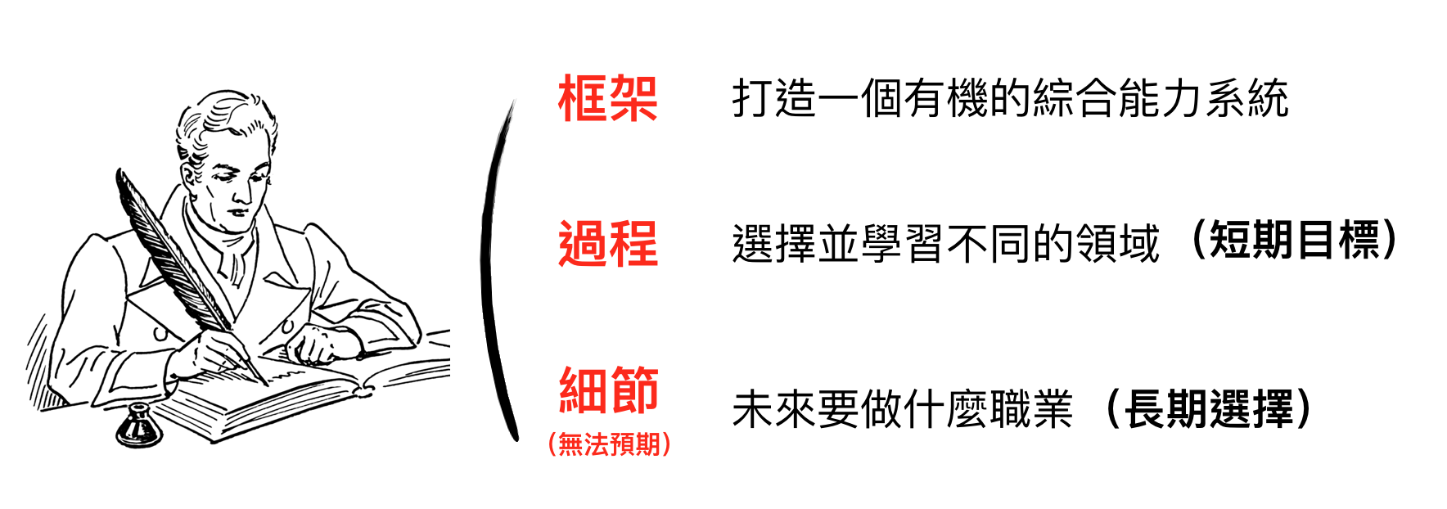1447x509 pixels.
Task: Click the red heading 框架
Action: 607,99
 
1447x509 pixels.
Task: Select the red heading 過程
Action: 607,244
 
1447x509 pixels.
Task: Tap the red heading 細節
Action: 608,390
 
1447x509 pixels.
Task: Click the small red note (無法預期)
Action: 609,444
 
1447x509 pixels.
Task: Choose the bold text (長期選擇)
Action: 1209,408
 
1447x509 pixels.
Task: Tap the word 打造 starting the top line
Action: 774,99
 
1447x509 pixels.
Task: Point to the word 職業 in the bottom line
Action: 1030,409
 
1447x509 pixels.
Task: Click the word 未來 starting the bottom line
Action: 773,409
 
